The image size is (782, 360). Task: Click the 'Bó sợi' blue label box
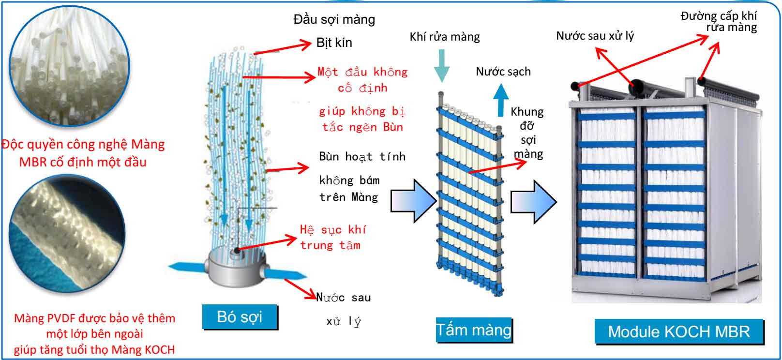coord(240,317)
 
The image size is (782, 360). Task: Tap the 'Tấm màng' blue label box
coord(474,330)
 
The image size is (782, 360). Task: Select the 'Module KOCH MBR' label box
coord(678,331)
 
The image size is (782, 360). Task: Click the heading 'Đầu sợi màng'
coord(334,19)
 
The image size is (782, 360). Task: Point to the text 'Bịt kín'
coord(334,43)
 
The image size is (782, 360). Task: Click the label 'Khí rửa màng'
coord(444,37)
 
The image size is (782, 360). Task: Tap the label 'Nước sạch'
coord(503,72)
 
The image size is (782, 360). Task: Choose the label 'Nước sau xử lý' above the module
coord(595,35)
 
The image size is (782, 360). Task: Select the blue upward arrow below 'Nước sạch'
coord(501,99)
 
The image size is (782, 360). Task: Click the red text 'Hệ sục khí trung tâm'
coord(332,237)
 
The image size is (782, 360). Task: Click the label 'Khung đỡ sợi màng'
coord(527,133)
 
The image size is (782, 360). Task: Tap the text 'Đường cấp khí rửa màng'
coord(719,22)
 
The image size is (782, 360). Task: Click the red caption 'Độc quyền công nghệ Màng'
coord(83,144)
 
